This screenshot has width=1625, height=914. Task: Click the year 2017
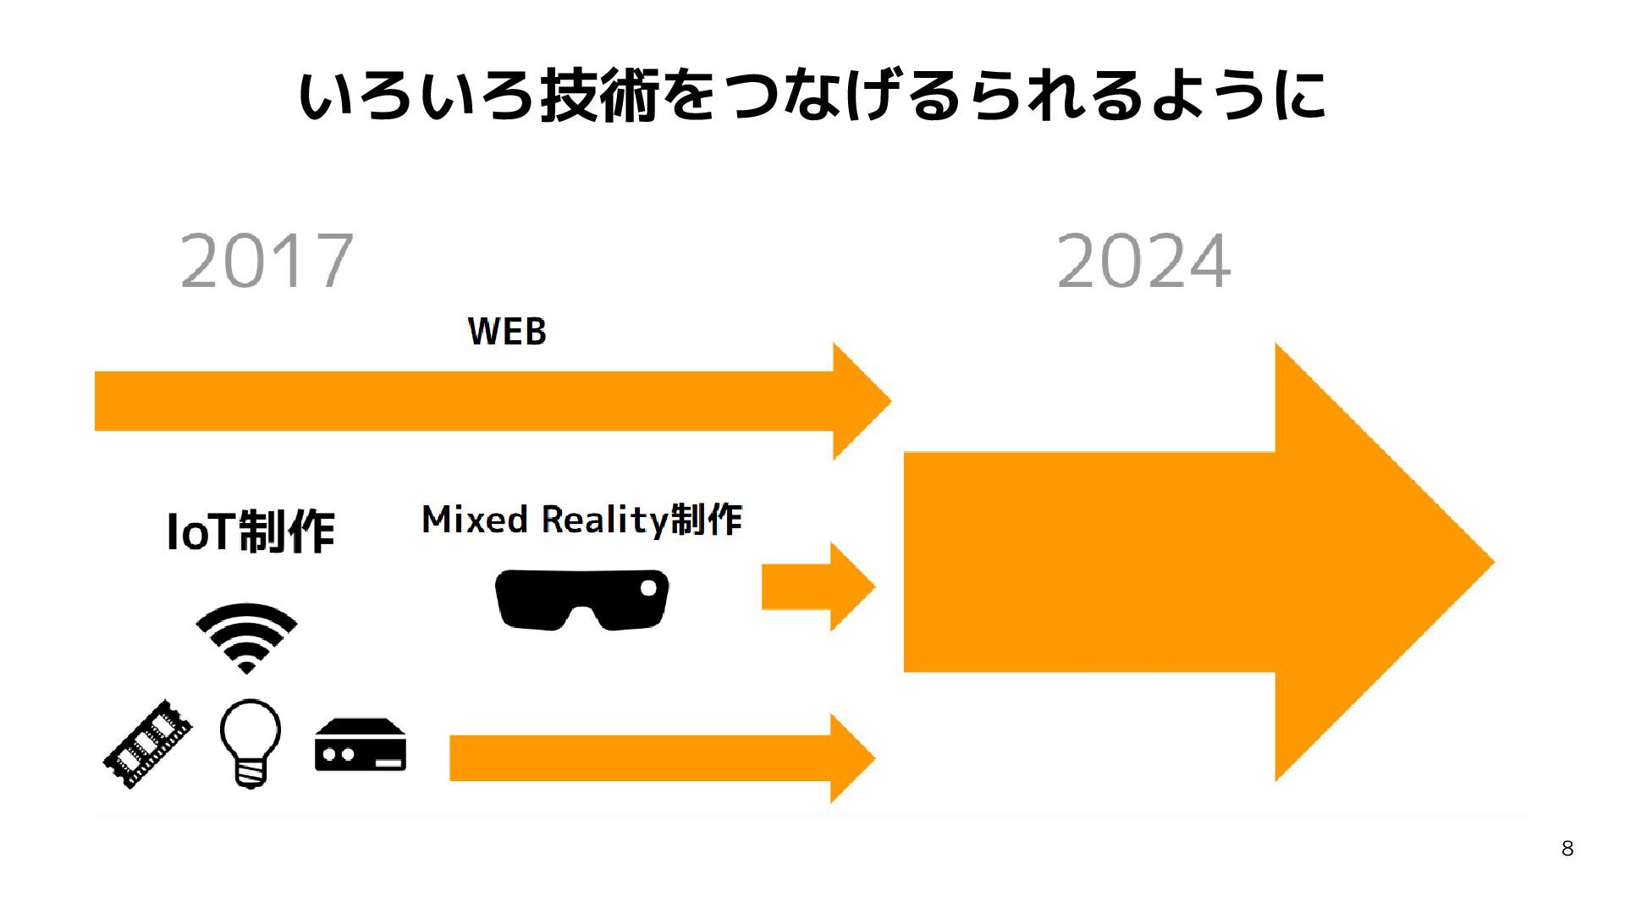click(x=267, y=261)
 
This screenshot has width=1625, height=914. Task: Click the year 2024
click(x=1143, y=261)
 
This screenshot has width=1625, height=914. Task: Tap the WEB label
click(x=507, y=331)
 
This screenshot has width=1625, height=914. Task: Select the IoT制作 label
click(x=251, y=531)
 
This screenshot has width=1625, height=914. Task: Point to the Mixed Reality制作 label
click(x=581, y=520)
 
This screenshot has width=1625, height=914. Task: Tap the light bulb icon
click(x=250, y=743)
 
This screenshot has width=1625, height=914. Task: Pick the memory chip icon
click(x=147, y=745)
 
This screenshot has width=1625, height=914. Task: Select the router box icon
click(x=361, y=746)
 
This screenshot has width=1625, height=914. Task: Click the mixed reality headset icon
click(x=581, y=599)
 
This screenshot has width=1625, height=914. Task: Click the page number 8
click(x=1567, y=849)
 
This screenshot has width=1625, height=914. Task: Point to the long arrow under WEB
click(x=491, y=401)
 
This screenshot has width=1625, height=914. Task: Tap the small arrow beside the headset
click(x=817, y=586)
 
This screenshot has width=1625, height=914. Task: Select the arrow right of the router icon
click(x=660, y=758)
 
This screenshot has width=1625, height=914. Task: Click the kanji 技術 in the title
click(x=600, y=95)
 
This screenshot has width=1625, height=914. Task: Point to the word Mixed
click(x=475, y=520)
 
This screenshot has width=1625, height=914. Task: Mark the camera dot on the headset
click(x=648, y=587)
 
